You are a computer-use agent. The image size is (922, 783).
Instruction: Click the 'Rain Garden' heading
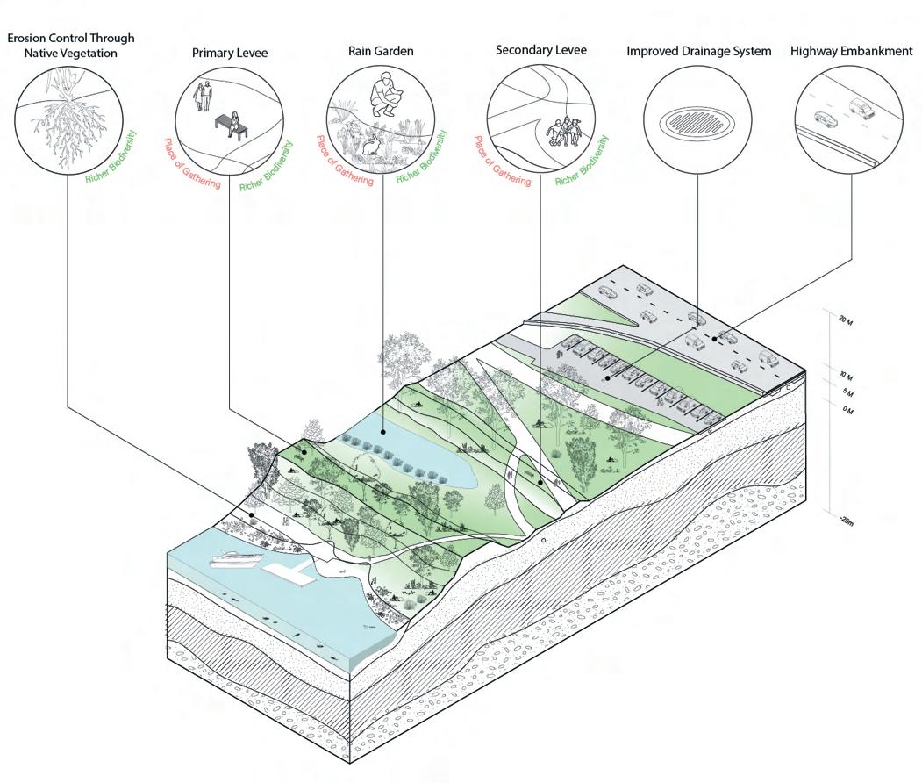pos(381,52)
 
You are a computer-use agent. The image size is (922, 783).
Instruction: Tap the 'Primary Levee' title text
pos(230,54)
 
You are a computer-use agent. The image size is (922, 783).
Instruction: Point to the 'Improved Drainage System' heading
pos(698,52)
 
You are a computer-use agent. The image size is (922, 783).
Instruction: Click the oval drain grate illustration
pos(697,119)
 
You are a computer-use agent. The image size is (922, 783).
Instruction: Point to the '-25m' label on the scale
pos(845,521)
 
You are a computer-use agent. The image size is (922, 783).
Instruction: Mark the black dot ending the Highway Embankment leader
pos(716,337)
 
